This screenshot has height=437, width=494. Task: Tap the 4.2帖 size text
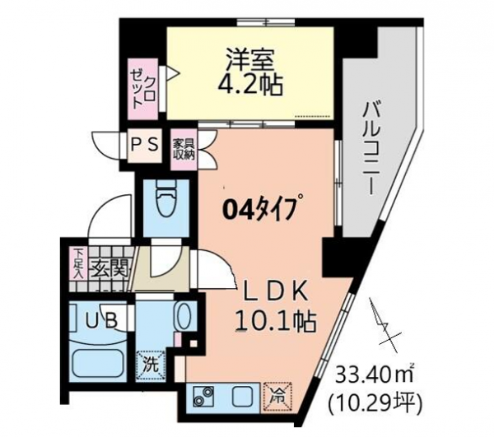[250, 85]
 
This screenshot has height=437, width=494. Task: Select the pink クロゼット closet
[143, 89]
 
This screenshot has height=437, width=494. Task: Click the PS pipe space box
[145, 146]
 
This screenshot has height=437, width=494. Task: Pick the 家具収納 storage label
[184, 149]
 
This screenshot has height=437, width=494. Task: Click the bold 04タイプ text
[261, 209]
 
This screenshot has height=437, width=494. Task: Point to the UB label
[102, 321]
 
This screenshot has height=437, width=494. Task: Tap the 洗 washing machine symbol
[151, 365]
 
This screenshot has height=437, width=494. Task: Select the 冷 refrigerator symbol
[277, 397]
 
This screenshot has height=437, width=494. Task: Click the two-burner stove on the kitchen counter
[203, 397]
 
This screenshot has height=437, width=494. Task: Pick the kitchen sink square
[241, 397]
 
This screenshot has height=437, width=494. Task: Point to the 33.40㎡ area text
[375, 374]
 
